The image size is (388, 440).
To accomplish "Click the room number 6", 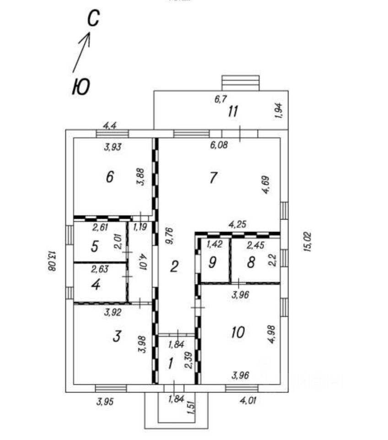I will (x=109, y=177).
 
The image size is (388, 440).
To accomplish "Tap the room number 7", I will (x=213, y=177).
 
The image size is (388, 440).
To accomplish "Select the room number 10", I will (x=238, y=332).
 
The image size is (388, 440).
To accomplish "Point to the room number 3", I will (x=116, y=337).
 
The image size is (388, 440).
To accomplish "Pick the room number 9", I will (x=212, y=263).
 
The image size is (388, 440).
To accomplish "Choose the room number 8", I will (x=250, y=263).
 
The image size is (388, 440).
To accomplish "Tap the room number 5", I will (x=95, y=247).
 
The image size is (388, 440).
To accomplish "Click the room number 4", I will (x=95, y=285).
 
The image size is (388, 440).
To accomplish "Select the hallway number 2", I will (x=173, y=266).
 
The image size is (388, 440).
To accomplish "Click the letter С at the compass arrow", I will (x=93, y=20).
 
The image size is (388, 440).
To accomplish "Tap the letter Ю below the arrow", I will (x=81, y=87).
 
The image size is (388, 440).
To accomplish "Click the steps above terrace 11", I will (x=240, y=83).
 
